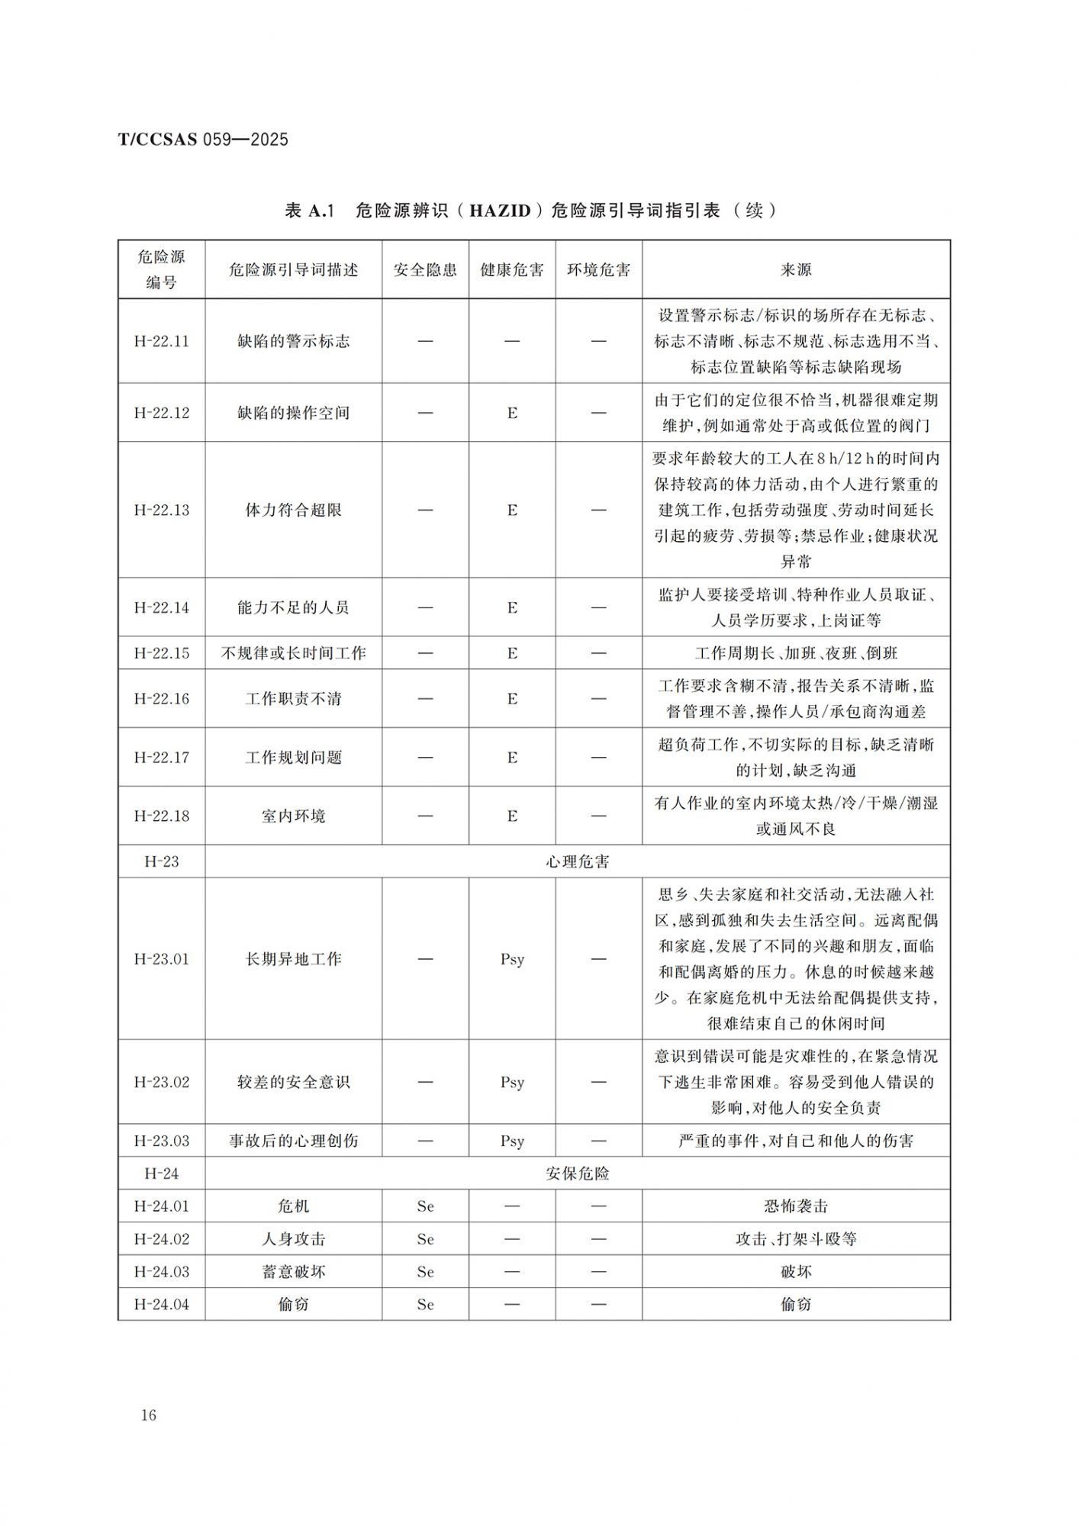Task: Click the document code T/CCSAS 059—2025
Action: [x=203, y=140]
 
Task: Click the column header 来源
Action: [x=796, y=270]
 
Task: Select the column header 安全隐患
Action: [x=425, y=270]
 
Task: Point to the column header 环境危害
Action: [x=598, y=270]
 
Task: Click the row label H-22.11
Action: [x=161, y=341]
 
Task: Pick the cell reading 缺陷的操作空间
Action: [x=293, y=413]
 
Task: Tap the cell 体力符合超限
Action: [x=293, y=510]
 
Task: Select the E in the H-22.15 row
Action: [x=512, y=653]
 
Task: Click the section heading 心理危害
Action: [x=577, y=861]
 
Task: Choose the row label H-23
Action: [x=161, y=861]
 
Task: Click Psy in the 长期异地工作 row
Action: [x=512, y=959]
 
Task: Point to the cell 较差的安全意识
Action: [x=293, y=1082]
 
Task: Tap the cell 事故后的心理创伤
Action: [x=293, y=1141]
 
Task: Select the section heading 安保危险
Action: [x=577, y=1173]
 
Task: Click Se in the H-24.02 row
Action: [x=425, y=1239]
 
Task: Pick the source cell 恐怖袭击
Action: [x=796, y=1206]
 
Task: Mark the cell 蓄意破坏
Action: [x=293, y=1272]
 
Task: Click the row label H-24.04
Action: [x=161, y=1305]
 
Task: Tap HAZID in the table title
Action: [x=500, y=211]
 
